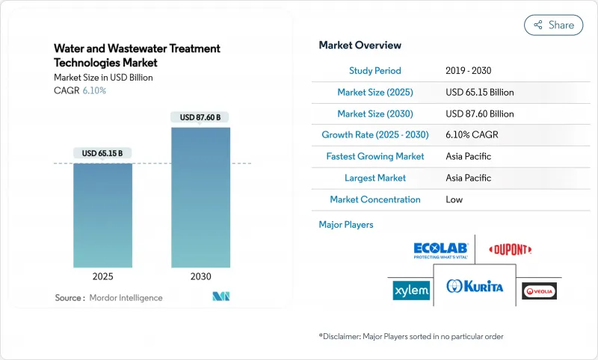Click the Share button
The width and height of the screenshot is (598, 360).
pyautogui.click(x=553, y=25)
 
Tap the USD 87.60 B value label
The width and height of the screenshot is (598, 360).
pyautogui.click(x=200, y=117)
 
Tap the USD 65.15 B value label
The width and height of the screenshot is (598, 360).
pyautogui.click(x=102, y=153)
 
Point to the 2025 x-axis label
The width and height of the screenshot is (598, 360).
pyautogui.click(x=102, y=276)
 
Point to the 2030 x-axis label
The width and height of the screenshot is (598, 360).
pyautogui.click(x=200, y=276)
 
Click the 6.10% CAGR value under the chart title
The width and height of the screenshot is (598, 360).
pyautogui.click(x=93, y=90)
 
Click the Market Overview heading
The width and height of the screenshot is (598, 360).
pyautogui.click(x=360, y=46)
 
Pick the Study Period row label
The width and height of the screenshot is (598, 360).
pyautogui.click(x=374, y=71)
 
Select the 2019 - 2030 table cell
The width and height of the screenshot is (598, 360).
pyautogui.click(x=469, y=71)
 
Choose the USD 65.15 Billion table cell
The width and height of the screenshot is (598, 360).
pyautogui.click(x=479, y=93)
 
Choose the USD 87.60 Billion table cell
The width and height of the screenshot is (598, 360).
pyautogui.click(x=479, y=114)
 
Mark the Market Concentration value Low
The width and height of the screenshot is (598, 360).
pyautogui.click(x=454, y=199)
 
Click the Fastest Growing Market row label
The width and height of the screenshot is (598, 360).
pyautogui.click(x=374, y=157)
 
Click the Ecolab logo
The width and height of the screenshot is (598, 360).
pyautogui.click(x=440, y=250)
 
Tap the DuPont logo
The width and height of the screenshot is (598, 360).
pyautogui.click(x=510, y=249)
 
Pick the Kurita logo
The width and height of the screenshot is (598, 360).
pyautogui.click(x=475, y=287)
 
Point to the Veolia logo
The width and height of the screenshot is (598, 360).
pyautogui.click(x=540, y=291)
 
